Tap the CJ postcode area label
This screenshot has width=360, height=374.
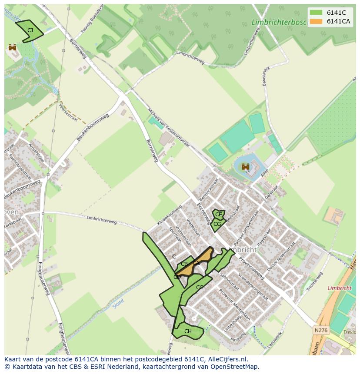pos(30,30)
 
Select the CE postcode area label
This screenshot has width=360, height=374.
pos(219,215)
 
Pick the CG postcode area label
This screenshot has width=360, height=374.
pos(217,224)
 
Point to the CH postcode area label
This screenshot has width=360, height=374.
pos(188,331)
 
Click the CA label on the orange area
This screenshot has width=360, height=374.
pos(196,263)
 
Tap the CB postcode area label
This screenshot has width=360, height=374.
pos(184,264)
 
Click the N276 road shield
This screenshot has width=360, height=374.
pos(320,330)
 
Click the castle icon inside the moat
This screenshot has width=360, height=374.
pos(246,166)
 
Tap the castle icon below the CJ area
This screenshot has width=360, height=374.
pos(12,47)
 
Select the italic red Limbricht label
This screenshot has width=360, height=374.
pos(339,288)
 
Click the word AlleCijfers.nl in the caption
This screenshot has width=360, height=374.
pos(227,359)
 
